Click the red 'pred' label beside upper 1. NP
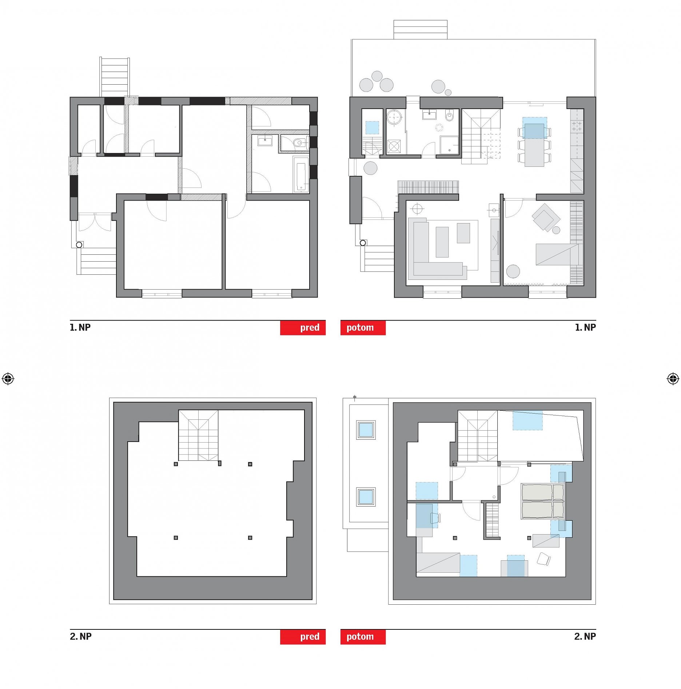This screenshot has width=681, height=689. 303,327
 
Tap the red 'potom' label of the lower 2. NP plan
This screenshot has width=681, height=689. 363,637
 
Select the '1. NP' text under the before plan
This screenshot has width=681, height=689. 80,327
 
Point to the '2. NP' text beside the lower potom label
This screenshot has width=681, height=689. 585,637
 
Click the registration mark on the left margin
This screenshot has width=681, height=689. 8,379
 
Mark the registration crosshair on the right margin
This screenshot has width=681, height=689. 673,379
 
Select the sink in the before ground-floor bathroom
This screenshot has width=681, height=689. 265,140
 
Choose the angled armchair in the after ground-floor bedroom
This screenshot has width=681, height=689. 546,218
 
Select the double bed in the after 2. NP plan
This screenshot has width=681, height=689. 542,501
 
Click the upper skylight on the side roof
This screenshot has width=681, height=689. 366,430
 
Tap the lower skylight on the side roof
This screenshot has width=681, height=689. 366,497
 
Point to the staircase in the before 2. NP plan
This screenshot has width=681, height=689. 198,435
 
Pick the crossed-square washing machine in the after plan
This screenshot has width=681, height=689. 394,147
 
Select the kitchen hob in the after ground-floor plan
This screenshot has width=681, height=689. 577,126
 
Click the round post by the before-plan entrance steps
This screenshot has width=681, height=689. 79,245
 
